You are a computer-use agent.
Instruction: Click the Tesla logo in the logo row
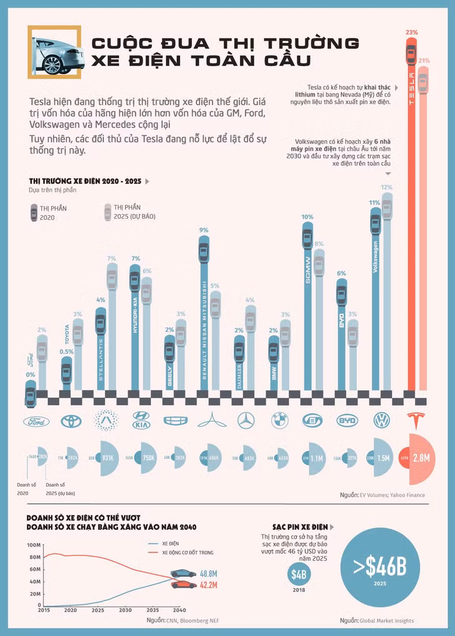(414, 420)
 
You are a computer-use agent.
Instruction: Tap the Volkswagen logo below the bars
(381, 421)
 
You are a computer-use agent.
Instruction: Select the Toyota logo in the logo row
(70, 422)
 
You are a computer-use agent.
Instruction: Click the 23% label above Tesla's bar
(411, 31)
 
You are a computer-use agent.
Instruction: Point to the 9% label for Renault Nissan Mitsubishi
(203, 230)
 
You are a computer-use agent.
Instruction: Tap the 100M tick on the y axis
(34, 545)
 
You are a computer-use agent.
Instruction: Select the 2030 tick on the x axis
(125, 610)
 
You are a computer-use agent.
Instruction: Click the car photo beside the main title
(55, 52)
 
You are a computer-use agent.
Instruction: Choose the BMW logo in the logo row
(280, 422)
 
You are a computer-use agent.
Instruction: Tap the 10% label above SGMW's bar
(307, 218)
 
